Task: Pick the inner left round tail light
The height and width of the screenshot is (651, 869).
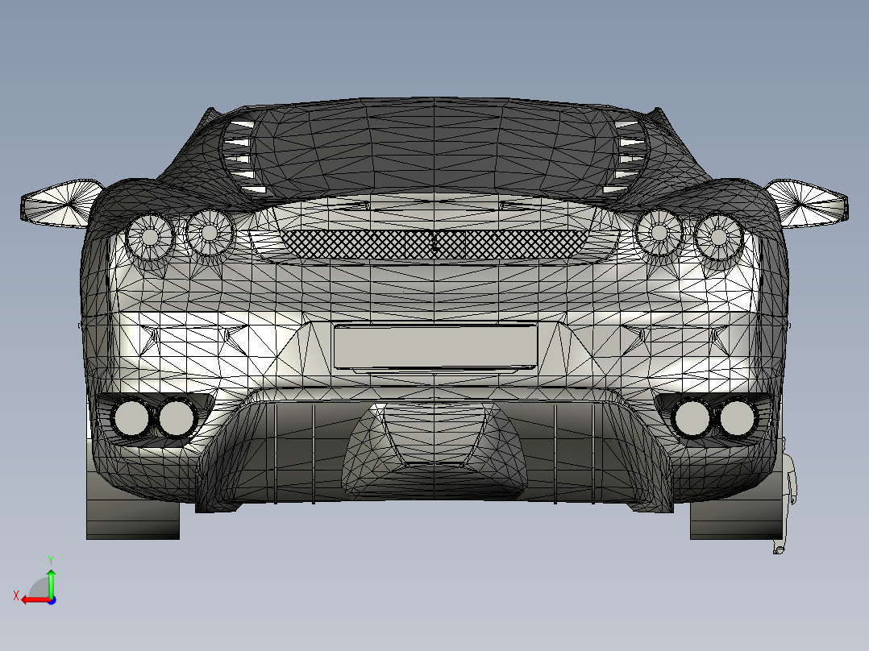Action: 210,231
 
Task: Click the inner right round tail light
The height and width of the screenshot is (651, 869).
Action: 659,232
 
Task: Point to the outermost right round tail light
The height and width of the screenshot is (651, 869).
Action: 718,236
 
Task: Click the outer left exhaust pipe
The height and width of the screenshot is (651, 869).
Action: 131,417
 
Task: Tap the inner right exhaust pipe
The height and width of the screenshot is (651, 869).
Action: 692,417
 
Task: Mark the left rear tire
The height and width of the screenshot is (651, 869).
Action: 132,516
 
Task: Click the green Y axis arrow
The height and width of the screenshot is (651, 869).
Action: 51,579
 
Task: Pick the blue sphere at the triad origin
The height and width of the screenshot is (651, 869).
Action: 51,599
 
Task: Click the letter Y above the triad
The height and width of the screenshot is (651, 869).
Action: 51,558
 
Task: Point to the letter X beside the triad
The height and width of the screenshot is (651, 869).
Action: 15,596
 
